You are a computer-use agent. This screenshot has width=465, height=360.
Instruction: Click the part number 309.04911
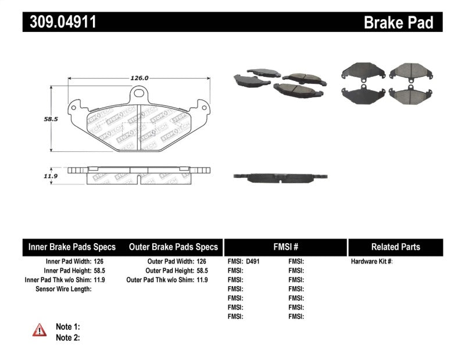click(x=59, y=22)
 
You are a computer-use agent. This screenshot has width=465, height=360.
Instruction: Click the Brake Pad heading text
click(x=398, y=22)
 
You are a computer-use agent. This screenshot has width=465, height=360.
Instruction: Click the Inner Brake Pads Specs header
click(x=72, y=247)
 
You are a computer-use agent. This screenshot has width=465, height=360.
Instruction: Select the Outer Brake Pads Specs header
click(x=174, y=247)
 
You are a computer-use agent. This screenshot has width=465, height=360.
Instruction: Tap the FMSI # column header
click(x=285, y=247)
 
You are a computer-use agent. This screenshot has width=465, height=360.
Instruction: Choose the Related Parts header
click(x=395, y=247)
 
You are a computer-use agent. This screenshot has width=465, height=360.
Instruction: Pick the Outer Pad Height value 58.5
click(x=202, y=270)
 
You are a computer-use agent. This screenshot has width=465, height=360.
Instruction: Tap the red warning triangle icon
click(x=40, y=330)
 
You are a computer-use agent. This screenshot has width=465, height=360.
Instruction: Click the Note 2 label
click(x=67, y=337)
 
